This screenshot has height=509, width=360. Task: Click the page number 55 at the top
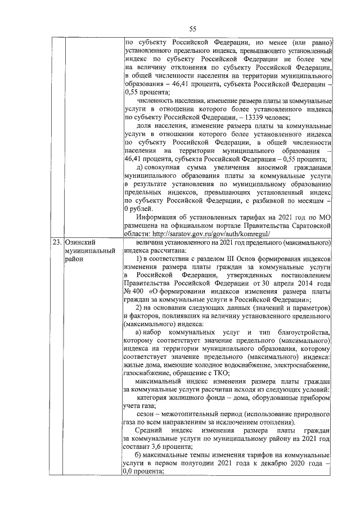192,29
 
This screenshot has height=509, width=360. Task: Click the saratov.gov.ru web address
211,233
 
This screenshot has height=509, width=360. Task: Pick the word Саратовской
308,225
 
